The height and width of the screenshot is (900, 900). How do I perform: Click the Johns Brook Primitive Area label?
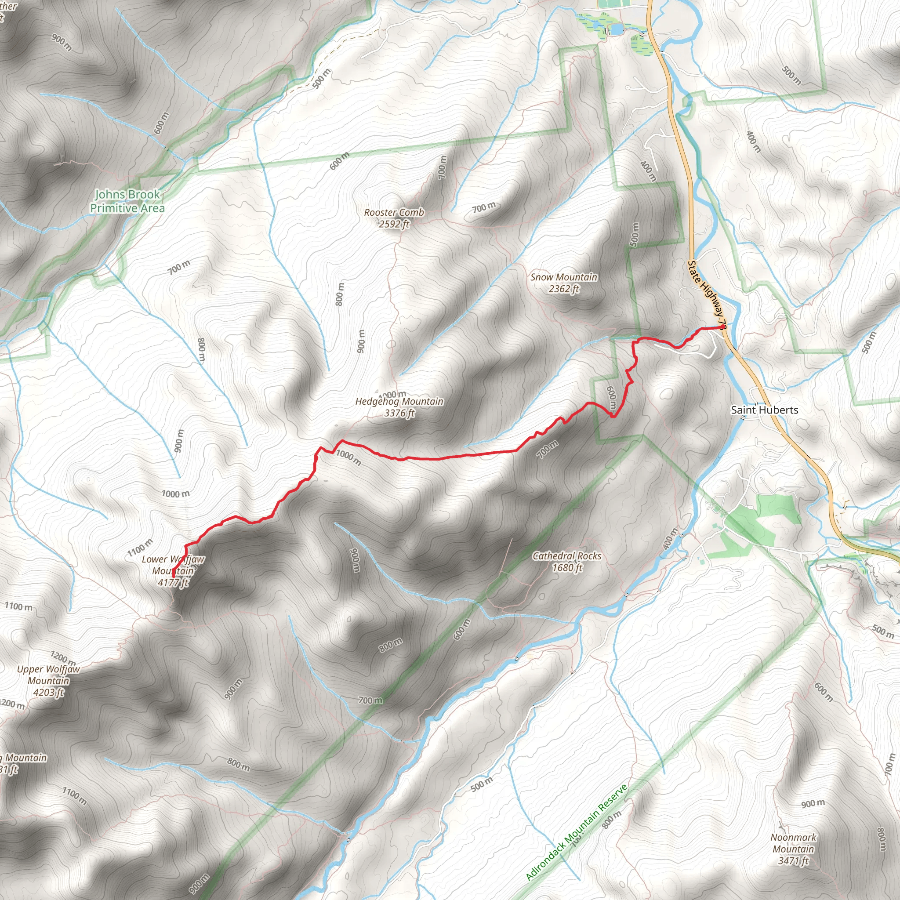[127, 201]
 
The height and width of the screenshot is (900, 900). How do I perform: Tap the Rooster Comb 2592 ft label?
[394, 218]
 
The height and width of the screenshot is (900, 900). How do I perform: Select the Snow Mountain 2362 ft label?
[564, 283]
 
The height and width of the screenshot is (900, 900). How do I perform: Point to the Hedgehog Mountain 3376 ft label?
[399, 407]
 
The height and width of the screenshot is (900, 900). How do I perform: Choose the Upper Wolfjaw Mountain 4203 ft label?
[48, 681]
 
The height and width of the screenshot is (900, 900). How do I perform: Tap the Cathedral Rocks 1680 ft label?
[567, 561]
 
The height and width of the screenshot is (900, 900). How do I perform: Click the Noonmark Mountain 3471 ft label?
[793, 849]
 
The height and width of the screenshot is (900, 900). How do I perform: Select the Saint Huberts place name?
[765, 410]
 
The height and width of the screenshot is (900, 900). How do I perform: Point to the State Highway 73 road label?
[707, 294]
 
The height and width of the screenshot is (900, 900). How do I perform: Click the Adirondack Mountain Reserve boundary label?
[577, 833]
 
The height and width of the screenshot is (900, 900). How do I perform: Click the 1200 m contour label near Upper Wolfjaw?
[63, 658]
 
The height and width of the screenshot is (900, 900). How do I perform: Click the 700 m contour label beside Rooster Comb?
[484, 207]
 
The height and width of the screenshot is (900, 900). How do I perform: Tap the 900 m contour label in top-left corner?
[62, 42]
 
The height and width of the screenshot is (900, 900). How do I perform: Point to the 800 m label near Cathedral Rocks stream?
[390, 645]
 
